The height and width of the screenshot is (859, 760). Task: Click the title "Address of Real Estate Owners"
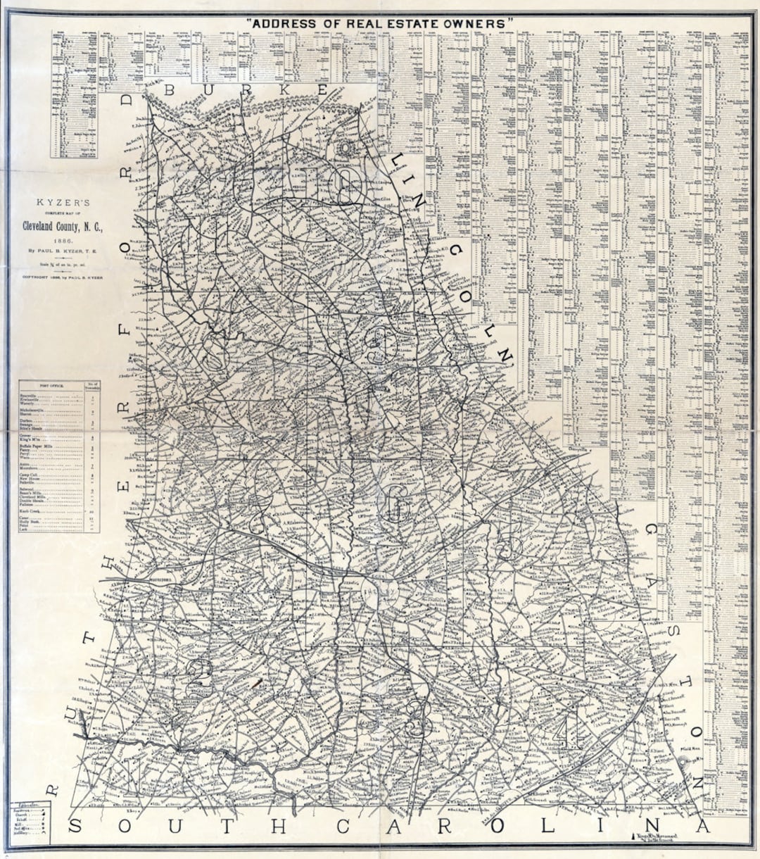point(381,23)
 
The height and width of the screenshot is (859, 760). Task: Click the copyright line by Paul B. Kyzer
point(61,277)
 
